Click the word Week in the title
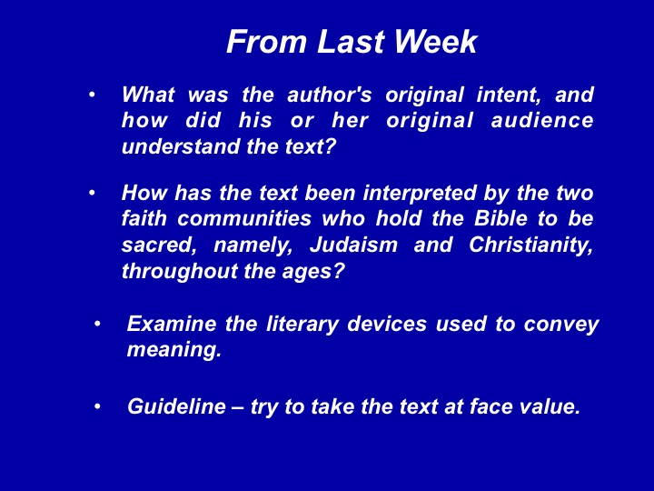435,42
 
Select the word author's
329,95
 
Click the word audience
542,121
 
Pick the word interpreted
420,194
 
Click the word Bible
500,218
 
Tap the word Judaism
353,245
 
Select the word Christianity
530,245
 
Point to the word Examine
172,324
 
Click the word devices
387,324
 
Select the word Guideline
176,406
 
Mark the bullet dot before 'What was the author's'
92,95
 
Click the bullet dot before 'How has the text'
92,193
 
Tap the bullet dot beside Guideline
97,406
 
